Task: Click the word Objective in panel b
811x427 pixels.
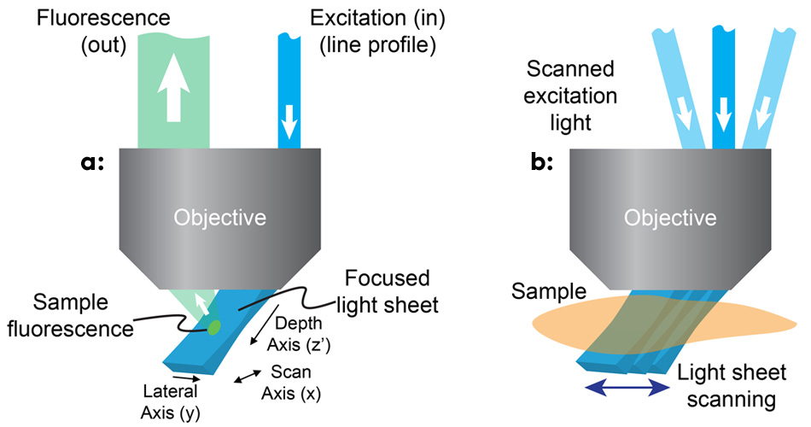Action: pos(670,217)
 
